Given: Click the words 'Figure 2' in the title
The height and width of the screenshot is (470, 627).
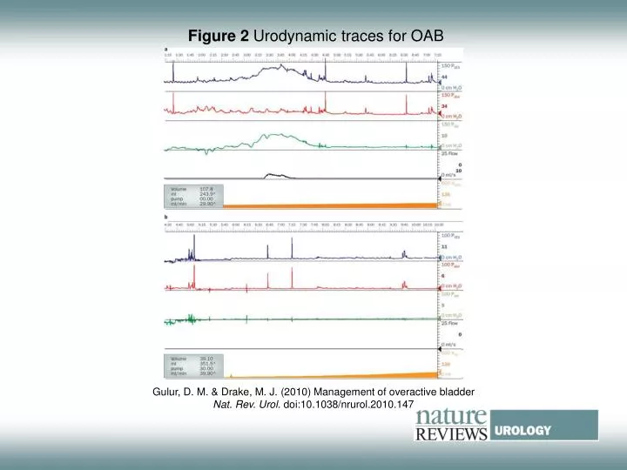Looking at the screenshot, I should tap(219, 36).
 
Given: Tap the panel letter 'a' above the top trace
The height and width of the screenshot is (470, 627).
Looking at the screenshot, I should tap(165, 49).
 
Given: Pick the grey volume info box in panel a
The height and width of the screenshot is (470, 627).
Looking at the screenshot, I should tap(192, 196).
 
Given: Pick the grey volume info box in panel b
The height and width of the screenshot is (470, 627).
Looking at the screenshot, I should tap(192, 366).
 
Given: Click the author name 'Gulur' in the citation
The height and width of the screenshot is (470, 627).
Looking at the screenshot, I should tap(168, 393).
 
